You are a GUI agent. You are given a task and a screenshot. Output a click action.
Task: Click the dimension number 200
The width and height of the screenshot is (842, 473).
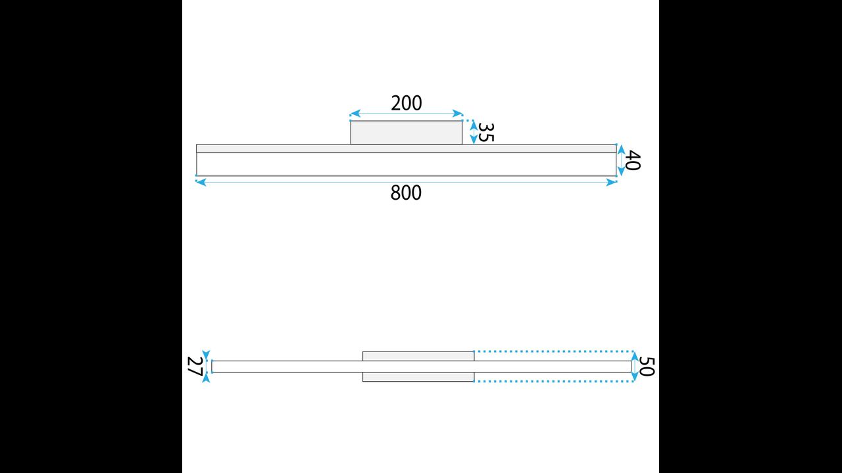pyautogui.click(x=407, y=103)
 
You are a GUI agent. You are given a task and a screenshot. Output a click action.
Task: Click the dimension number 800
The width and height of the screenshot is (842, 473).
pyautogui.click(x=406, y=193)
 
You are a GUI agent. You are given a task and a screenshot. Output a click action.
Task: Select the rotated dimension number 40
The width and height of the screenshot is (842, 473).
pyautogui.click(x=633, y=160)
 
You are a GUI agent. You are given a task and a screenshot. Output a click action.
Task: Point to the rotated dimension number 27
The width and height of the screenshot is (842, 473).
pyautogui.click(x=195, y=366)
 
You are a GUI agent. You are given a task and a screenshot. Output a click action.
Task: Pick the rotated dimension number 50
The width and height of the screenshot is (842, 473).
pyautogui.click(x=647, y=367)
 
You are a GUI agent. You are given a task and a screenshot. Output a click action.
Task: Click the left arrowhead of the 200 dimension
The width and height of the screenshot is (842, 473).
pyautogui.click(x=355, y=114)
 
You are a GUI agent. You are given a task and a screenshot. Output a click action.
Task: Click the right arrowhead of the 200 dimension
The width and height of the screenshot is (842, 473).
pyautogui.click(x=457, y=114)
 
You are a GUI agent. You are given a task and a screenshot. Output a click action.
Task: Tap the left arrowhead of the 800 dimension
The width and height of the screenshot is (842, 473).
pyautogui.click(x=201, y=183)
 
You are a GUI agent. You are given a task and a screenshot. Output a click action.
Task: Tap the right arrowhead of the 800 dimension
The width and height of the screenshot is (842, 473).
pyautogui.click(x=612, y=183)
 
